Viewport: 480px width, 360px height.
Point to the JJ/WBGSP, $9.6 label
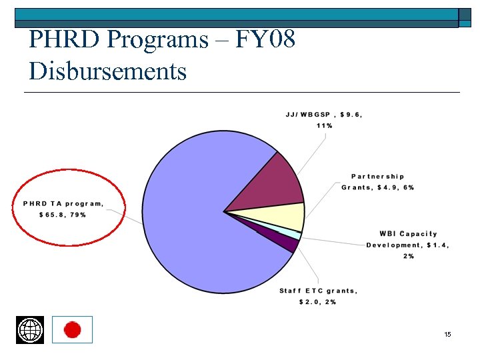[324, 114]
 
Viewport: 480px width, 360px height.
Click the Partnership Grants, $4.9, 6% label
[377, 182]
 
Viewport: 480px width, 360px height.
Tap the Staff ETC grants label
[318, 291]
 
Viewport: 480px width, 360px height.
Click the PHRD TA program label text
[63, 203]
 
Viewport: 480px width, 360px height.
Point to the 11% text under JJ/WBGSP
[325, 125]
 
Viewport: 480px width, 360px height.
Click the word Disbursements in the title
[107, 70]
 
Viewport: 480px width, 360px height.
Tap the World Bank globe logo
[30, 330]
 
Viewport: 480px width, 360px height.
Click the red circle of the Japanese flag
[72, 330]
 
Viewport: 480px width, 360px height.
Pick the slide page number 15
[447, 333]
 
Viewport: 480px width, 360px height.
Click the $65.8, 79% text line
[63, 215]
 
